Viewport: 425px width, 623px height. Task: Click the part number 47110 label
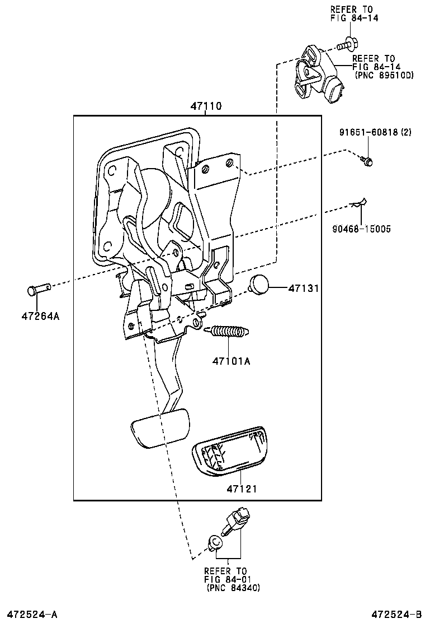(205, 106)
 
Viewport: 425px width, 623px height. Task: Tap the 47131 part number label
(303, 289)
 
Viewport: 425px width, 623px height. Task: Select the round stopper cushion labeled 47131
(259, 284)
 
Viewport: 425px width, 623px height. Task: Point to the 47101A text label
(230, 361)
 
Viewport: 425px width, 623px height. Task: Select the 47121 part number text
(242, 489)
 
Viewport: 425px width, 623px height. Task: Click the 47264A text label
(40, 316)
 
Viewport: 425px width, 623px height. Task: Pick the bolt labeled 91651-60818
(367, 161)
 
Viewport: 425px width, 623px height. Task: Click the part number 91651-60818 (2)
(375, 132)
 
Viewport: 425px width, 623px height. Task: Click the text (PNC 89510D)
(384, 75)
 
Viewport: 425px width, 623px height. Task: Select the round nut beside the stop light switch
(214, 542)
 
